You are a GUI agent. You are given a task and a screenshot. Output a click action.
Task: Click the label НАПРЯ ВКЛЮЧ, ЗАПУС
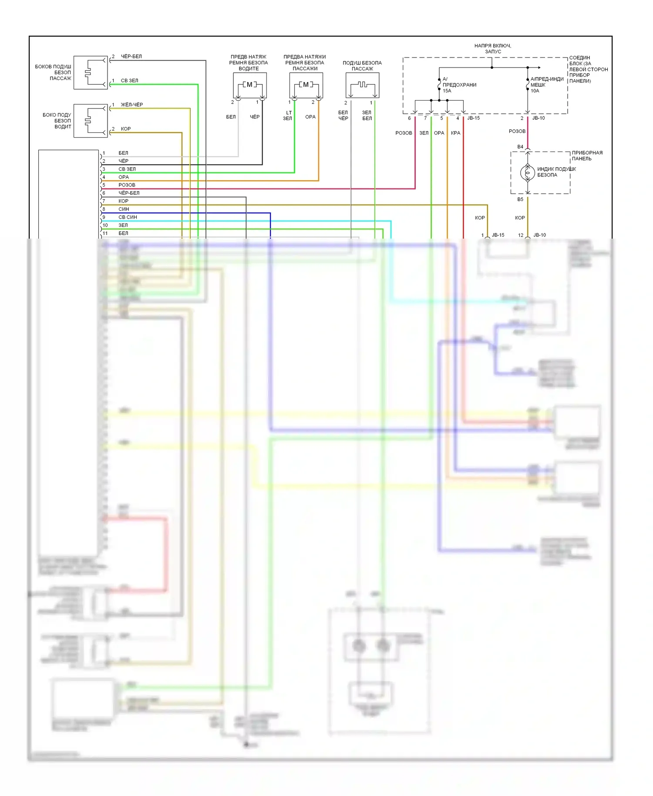492,48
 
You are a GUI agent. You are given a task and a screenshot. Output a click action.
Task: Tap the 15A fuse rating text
447,91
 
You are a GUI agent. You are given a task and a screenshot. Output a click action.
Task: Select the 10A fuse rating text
535,91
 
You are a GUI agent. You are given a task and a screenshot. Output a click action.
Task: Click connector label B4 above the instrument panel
520,147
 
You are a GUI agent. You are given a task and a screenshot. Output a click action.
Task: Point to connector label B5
520,199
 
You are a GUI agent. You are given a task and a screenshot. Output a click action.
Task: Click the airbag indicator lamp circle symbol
528,173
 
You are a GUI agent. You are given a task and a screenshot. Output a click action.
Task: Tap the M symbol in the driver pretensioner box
249,84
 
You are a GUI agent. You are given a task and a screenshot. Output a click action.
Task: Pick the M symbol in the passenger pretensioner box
306,84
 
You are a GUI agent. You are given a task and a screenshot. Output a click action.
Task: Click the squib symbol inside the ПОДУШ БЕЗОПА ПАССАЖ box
362,84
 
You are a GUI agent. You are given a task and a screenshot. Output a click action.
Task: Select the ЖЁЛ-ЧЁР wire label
132,105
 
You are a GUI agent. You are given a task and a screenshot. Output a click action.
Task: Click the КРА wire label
455,133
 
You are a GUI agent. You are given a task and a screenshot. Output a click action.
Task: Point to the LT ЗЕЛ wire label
288,115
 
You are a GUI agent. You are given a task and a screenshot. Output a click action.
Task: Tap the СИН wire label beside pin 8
124,209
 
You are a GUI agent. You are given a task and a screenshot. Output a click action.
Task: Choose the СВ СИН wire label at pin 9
128,217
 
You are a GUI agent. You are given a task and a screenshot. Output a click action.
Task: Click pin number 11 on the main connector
105,233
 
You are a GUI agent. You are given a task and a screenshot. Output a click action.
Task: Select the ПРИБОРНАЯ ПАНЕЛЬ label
587,155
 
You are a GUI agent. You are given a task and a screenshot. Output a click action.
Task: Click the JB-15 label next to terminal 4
473,118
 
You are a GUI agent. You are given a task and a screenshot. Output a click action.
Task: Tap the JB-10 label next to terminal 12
539,235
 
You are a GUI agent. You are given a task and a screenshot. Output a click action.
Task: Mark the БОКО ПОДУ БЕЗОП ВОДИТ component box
91,121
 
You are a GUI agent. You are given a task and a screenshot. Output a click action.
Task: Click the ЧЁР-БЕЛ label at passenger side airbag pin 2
131,56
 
